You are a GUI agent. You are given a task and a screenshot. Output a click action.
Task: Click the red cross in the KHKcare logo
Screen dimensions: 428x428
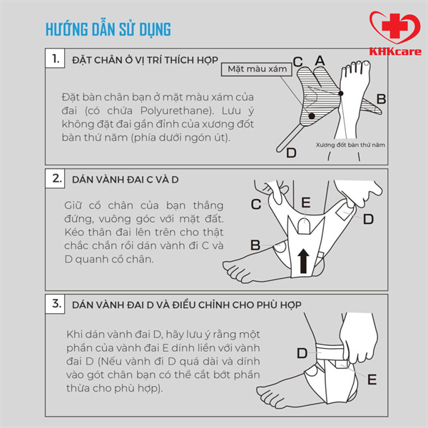coord(394,26)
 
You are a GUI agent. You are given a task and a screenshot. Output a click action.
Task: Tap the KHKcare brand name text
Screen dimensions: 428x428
coord(395,51)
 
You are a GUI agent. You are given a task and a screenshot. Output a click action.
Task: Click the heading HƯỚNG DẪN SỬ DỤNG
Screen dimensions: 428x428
coord(108,29)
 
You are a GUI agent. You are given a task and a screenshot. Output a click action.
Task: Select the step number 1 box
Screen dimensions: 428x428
coord(55,58)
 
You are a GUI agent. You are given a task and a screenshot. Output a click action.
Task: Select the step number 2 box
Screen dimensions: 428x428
coord(55,178)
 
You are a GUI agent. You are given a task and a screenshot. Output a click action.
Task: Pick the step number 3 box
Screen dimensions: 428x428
coord(55,304)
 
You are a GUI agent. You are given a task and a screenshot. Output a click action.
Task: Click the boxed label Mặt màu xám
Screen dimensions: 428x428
coord(257,69)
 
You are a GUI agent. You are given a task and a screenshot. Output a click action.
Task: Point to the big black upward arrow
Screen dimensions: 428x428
coord(303,261)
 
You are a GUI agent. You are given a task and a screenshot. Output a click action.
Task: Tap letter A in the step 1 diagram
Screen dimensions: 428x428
coord(320,61)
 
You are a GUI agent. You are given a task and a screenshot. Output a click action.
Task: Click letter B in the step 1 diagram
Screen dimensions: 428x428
coord(381,99)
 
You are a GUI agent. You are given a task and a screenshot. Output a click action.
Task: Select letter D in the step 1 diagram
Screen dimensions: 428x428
coord(291,153)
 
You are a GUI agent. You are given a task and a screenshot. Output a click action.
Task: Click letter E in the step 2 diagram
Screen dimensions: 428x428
coord(306,203)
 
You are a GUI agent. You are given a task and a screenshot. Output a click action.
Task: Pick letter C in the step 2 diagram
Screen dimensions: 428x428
coord(256,204)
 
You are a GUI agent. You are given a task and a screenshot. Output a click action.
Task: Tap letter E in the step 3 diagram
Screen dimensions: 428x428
coord(372,379)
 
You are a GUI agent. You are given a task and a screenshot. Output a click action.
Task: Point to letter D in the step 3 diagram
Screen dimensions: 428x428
coord(302,353)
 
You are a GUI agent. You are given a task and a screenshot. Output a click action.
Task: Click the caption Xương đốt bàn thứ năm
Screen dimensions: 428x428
coord(350,145)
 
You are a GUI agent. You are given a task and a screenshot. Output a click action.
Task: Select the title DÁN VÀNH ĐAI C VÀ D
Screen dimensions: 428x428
coord(126,180)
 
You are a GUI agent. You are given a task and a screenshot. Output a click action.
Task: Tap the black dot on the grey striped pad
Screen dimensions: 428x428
coord(312,116)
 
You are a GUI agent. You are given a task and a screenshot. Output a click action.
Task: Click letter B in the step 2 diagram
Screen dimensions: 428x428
coord(255,245)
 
